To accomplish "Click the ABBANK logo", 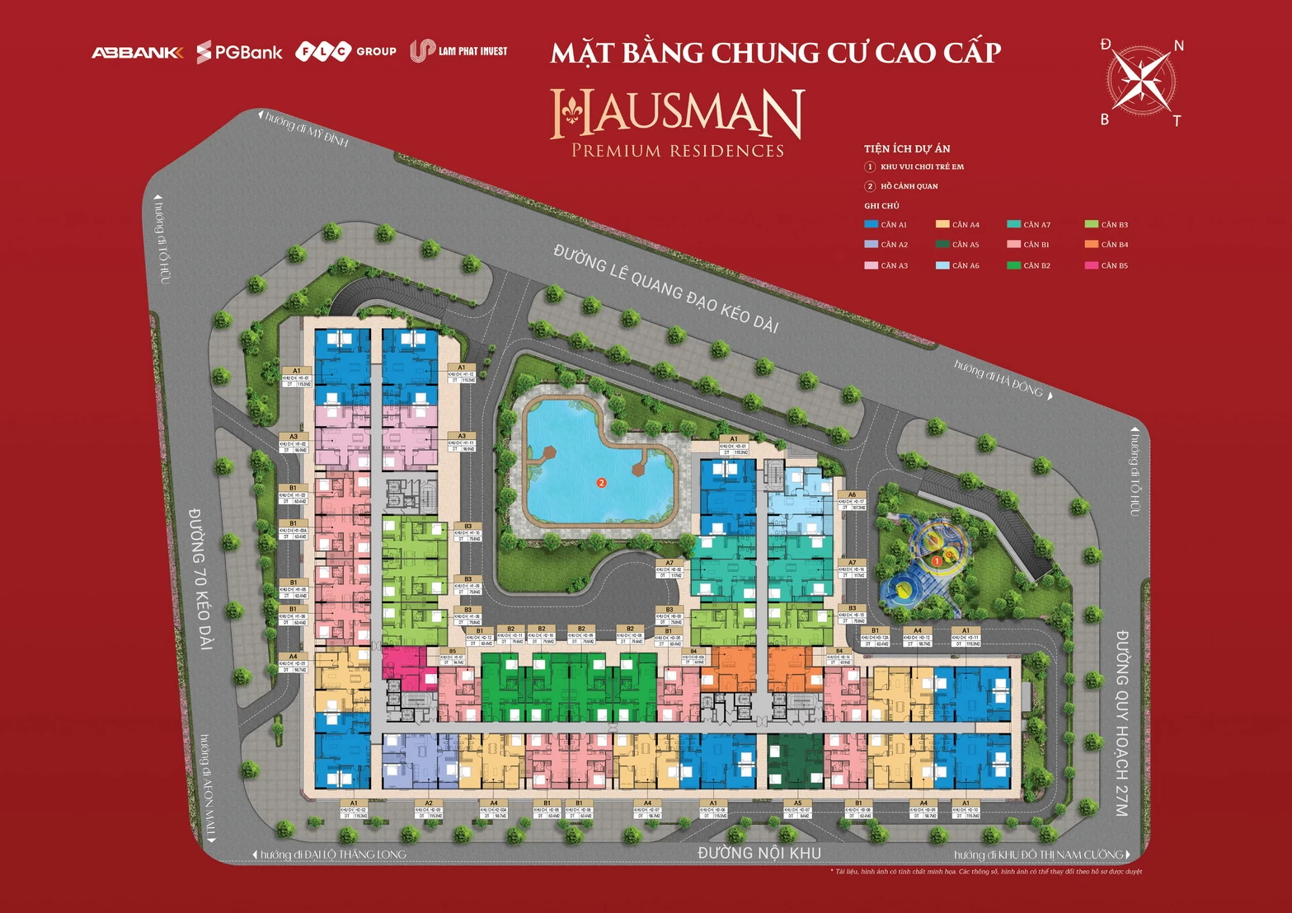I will click(137, 53).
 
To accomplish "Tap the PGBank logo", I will click(239, 53).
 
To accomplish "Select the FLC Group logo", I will click(345, 51).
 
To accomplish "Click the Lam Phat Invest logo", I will click(458, 51).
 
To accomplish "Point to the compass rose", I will click(1142, 81).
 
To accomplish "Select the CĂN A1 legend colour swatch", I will click(871, 224).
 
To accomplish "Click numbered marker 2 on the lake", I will click(602, 483).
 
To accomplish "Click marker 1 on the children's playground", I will click(937, 561).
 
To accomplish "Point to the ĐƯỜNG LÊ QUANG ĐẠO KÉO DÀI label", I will click(666, 289).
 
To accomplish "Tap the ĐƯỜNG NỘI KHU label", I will click(759, 853).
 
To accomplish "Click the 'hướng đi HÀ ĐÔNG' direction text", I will click(999, 378).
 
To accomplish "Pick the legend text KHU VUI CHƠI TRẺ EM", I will click(922, 167).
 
